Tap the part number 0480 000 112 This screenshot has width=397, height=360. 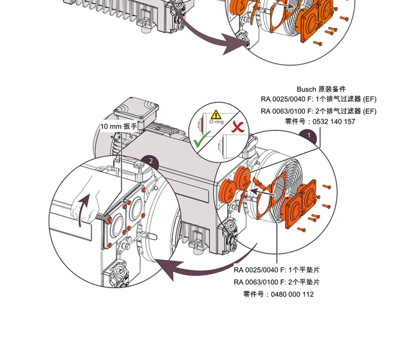290,294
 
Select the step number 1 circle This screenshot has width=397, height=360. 308,135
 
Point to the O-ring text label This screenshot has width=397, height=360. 216,121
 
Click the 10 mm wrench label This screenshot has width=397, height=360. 119,126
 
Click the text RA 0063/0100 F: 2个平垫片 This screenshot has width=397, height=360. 276,282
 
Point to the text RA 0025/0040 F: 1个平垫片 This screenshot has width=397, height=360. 276,270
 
